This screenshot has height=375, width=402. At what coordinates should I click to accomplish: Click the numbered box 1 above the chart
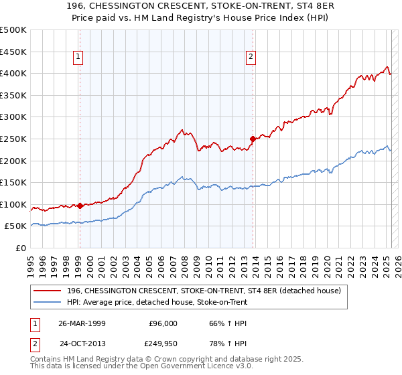[x=79, y=58]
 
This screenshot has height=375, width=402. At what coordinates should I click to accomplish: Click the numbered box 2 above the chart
[x=251, y=58]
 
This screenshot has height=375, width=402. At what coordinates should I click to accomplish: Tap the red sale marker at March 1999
[x=80, y=206]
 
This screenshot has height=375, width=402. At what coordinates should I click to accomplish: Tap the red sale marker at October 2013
[x=253, y=139]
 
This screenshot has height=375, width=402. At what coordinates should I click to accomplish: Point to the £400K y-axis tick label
[x=13, y=73]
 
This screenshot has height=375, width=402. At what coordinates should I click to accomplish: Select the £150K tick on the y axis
[x=13, y=182]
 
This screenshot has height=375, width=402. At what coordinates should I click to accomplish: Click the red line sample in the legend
[x=48, y=291]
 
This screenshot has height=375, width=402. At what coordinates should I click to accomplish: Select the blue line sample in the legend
[x=48, y=303]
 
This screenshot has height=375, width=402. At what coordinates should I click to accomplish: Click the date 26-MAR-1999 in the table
[x=82, y=323]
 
